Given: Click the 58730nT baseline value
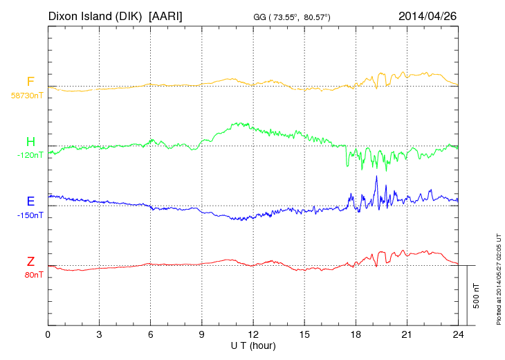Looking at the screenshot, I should (27, 96).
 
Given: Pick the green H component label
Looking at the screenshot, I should (30, 142).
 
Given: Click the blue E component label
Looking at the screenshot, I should (30, 201).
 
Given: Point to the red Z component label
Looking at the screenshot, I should (30, 261).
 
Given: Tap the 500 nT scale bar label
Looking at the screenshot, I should (477, 296).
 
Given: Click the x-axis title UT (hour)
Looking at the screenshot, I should (253, 345).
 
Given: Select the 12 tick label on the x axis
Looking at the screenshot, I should (253, 334).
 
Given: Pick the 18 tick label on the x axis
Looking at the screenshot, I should (356, 334).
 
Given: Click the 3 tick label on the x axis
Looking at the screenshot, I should (99, 334).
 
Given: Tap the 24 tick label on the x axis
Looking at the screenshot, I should (458, 334).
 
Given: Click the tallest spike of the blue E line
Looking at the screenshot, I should (376, 177).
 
